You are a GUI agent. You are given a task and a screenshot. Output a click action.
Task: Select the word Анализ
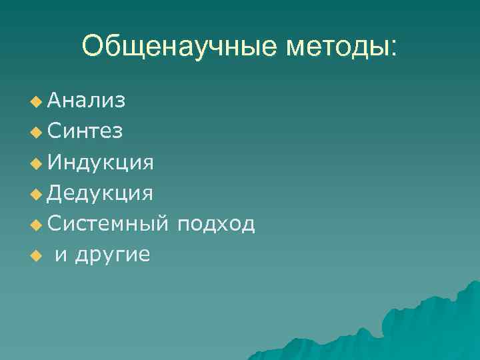point(86,101)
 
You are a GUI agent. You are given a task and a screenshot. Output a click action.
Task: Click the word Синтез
point(85,131)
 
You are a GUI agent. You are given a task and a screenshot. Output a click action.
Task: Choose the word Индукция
point(101,162)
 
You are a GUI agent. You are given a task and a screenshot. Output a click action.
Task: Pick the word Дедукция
point(101,193)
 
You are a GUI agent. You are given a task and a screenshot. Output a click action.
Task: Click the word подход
point(214,224)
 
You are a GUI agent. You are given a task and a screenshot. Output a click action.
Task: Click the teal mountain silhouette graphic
point(413,327)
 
